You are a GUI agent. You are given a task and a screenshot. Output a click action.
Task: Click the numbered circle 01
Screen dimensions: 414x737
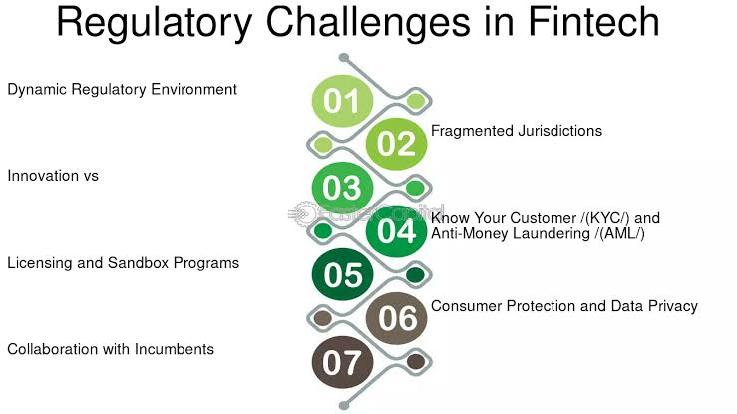pos(342,101)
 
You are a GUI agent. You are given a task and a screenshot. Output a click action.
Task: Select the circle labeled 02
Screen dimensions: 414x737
pos(396,144)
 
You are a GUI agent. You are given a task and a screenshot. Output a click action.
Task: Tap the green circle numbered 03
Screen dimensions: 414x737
pos(342,188)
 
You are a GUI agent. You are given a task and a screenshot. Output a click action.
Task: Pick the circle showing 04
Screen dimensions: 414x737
pos(396,231)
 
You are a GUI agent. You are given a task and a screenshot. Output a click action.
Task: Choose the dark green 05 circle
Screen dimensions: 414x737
pos(342,275)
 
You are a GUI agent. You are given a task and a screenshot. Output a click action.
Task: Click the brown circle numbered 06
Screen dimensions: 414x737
pos(396,318)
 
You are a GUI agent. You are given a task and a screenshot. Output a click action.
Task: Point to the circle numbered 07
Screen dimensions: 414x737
pos(342,362)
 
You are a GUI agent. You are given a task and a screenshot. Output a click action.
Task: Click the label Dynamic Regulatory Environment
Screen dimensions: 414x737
pos(123,89)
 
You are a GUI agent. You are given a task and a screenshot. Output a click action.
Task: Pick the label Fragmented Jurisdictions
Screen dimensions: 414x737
pos(517,131)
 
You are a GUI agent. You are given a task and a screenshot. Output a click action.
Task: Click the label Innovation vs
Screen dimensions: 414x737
pos(53,176)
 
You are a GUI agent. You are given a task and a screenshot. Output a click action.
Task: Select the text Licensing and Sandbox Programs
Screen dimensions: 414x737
pos(124,263)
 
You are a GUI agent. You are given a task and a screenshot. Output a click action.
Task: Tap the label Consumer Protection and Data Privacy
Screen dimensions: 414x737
pos(564,306)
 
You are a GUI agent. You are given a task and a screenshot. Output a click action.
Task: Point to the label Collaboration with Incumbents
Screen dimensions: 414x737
pos(111,349)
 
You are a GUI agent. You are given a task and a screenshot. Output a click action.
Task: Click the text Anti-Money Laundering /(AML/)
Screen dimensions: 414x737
pos(539,233)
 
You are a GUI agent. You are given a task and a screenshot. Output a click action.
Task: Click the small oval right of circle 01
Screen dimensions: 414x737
pos(416,101)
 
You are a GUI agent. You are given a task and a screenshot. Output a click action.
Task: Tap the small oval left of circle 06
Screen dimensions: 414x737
pos(322,319)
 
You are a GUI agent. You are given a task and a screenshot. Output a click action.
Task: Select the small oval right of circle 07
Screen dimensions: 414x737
pos(416,362)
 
